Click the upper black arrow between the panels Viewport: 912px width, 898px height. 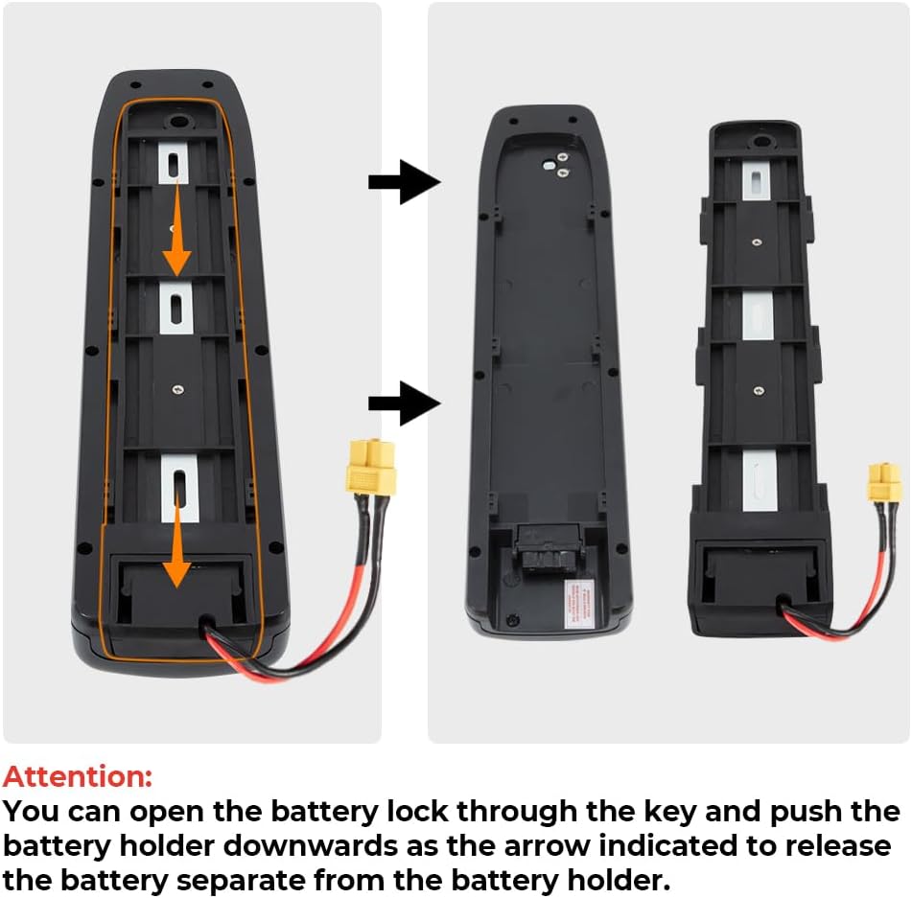tap(403, 182)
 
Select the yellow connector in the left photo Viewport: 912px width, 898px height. tap(371, 468)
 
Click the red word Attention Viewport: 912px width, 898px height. tap(78, 776)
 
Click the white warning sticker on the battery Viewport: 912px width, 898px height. tap(579, 602)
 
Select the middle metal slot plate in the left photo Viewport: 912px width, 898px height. tap(176, 309)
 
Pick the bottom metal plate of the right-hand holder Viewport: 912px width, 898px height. tap(757, 480)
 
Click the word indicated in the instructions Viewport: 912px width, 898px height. tap(622, 846)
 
